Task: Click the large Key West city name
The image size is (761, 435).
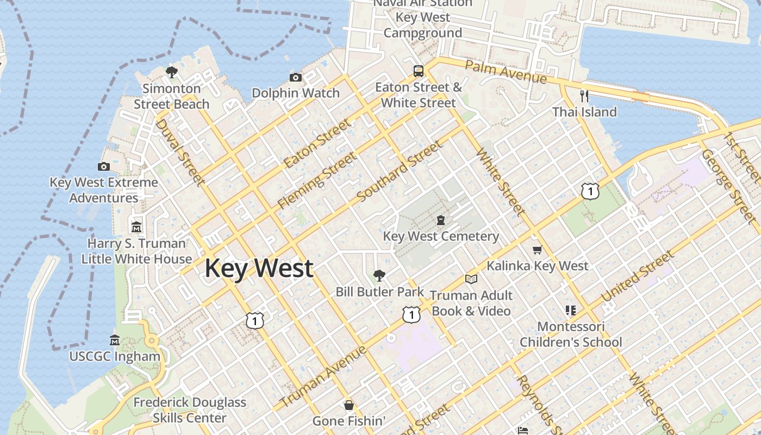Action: tap(259, 269)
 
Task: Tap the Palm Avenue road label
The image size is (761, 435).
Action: tap(506, 72)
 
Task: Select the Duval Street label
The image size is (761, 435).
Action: tap(180, 152)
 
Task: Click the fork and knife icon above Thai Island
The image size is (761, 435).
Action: tap(584, 96)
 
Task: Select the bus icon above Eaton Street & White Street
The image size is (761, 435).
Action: tap(418, 71)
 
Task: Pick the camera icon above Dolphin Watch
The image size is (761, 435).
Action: tap(296, 77)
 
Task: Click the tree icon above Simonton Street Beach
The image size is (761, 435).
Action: tap(172, 72)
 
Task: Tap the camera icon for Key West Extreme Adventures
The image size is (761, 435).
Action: tap(104, 166)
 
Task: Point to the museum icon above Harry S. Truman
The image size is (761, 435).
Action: tap(136, 226)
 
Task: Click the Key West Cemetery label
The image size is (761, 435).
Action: tap(441, 237)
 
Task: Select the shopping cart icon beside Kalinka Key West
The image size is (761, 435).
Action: tap(538, 250)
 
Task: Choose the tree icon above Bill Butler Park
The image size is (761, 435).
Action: tap(379, 276)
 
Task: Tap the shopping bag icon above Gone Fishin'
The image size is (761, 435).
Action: tap(349, 405)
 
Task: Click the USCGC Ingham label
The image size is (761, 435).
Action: tap(115, 357)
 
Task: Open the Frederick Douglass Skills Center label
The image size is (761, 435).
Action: tap(189, 410)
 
